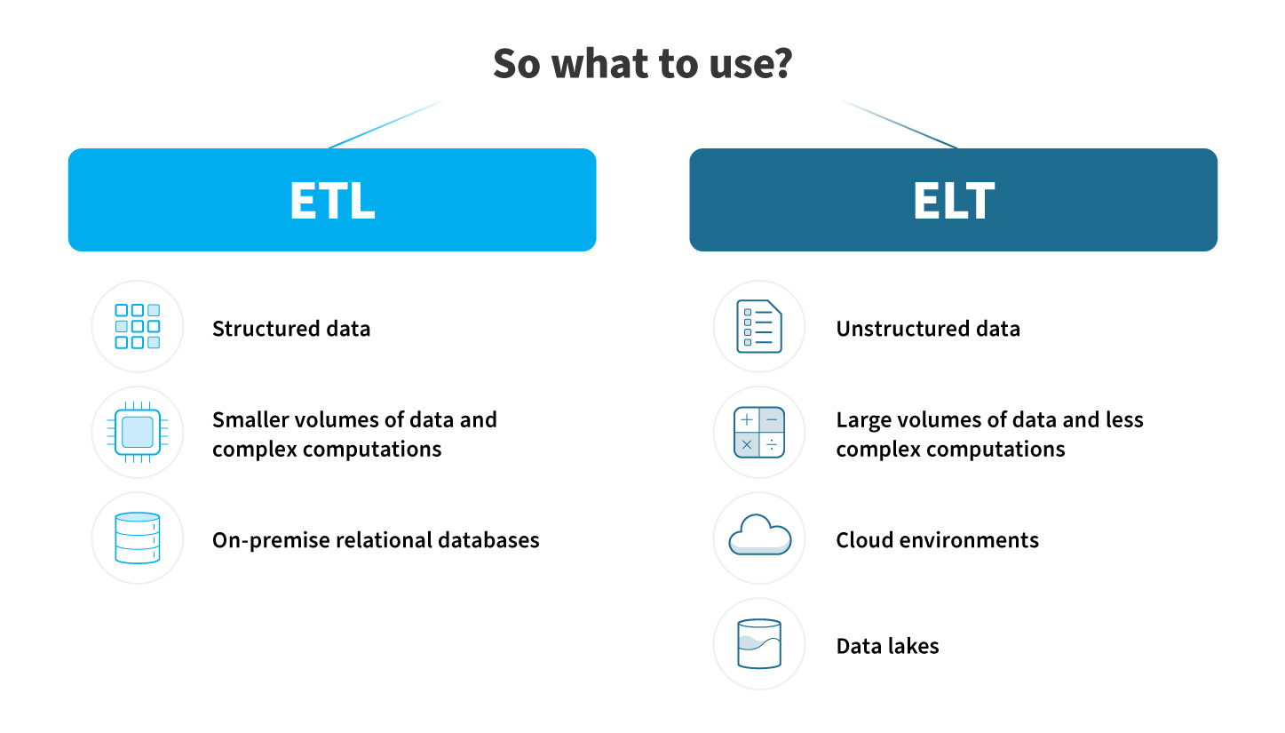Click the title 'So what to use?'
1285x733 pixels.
[x=643, y=63]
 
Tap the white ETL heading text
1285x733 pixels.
[x=332, y=200]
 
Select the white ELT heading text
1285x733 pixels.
[x=954, y=200]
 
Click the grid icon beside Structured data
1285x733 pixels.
[x=138, y=327]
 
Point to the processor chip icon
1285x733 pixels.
[x=138, y=432]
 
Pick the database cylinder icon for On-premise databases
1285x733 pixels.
[x=138, y=538]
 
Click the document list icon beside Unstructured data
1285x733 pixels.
[x=759, y=327]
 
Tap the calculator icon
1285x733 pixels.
[x=759, y=432]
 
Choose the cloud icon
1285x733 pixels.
[x=759, y=534]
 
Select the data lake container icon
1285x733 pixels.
[x=759, y=643]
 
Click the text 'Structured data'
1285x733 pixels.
[x=291, y=329]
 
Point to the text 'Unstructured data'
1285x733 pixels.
[x=928, y=329]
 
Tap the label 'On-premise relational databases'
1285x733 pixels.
[x=376, y=540]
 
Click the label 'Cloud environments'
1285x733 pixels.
[x=938, y=540]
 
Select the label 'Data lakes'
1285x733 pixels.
[x=887, y=646]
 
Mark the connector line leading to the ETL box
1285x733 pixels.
[x=386, y=124]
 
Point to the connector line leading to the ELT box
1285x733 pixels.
[x=899, y=124]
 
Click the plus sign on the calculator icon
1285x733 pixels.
[x=746, y=419]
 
